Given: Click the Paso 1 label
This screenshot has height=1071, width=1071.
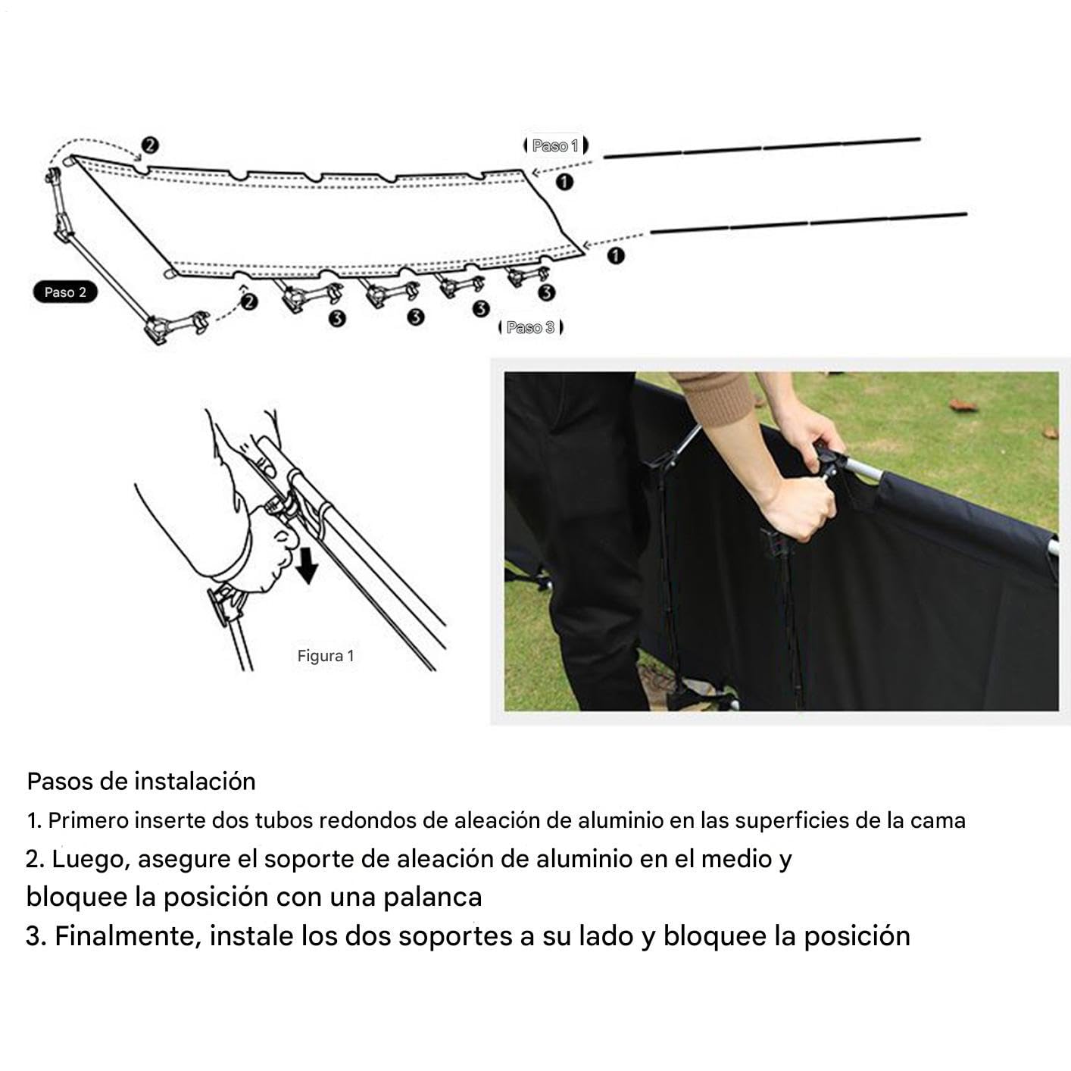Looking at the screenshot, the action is pos(555,145).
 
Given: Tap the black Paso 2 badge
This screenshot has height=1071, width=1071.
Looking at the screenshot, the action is pos(65,292).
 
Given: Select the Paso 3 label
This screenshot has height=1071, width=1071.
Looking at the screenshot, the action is pos(531,327).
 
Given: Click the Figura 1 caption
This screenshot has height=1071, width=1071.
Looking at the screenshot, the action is pos(326,657).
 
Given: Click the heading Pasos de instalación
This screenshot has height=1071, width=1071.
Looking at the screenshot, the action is pos(141,782).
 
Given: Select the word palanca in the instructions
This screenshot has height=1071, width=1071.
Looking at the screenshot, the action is pos(432,897).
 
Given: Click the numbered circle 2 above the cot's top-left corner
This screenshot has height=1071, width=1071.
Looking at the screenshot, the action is pos(150,145).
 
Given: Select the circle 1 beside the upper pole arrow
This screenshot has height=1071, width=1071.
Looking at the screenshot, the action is pos(565,182).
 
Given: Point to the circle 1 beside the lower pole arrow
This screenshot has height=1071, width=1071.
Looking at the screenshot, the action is pos(616,256).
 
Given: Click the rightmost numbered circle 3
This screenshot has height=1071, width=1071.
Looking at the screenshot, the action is pos(546,293).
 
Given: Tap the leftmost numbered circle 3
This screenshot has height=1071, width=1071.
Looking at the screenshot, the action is pos(337,318).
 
